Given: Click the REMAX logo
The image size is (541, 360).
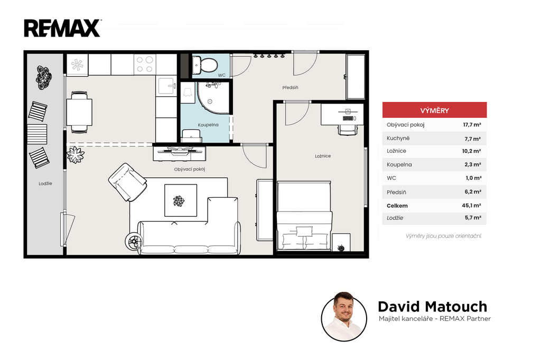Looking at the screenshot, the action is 62,29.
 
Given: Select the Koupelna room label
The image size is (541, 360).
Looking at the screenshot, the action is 208,125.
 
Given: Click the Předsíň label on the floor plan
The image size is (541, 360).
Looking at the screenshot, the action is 290,88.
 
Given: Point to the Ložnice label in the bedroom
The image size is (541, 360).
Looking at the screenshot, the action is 323,156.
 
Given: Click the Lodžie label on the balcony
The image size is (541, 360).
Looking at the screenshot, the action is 45,183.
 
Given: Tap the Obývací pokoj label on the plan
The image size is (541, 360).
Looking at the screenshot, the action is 190,169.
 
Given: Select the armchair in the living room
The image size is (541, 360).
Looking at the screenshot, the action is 127,182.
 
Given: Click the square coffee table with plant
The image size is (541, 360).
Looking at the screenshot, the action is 181,200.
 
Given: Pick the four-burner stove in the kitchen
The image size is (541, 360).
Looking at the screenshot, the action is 145,64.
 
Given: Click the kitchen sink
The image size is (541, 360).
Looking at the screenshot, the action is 167,86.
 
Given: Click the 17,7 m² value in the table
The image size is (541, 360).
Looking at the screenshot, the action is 472,125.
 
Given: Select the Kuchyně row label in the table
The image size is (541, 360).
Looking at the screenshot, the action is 398,139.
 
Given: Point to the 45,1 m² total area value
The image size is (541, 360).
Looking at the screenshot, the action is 471,205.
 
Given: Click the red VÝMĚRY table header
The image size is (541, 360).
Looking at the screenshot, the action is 434,110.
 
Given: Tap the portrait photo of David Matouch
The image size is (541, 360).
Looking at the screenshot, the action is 344,317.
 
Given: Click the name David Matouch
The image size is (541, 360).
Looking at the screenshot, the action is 432,307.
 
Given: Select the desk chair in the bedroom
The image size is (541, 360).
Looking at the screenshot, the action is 348,130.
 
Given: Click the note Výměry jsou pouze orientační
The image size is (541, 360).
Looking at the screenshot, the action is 443,236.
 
